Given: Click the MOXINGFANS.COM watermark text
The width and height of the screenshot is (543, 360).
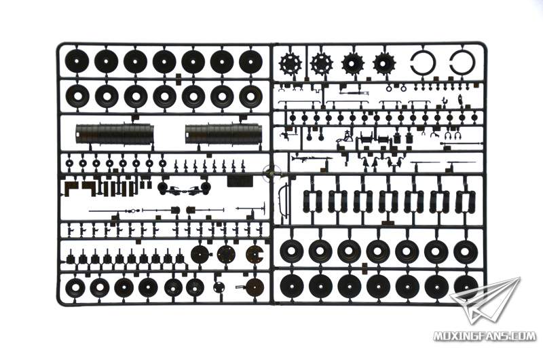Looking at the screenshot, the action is pos(485,336).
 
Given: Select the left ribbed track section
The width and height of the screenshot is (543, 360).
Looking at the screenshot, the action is pos(114,134).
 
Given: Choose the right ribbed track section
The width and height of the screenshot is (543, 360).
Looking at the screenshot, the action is pos(224,134).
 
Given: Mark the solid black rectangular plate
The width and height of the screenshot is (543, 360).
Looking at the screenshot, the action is pos(240,181).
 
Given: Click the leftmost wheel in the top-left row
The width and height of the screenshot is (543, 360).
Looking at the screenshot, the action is pos(77,61).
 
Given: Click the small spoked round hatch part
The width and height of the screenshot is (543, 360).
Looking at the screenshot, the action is pos(219,287).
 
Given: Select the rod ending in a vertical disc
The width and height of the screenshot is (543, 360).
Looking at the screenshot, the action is pos(250,209).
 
